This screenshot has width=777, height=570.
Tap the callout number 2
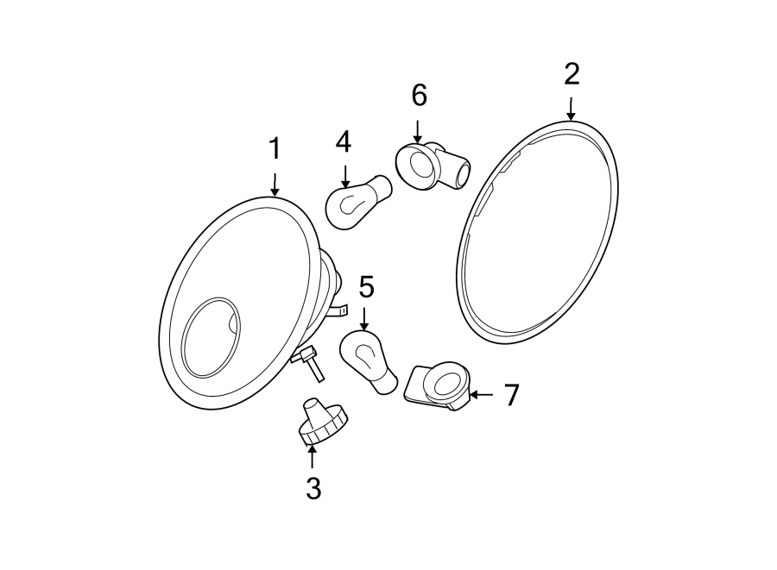pos(572,75)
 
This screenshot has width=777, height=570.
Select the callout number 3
pos(313,489)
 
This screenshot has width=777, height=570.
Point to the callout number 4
pos(344,141)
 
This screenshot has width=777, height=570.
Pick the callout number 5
pos(366,285)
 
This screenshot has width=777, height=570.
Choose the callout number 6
pos(419,96)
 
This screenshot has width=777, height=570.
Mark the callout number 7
pos(512,395)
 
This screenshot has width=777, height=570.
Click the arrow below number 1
pos(275,183)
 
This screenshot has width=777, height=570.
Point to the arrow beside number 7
pos(482,395)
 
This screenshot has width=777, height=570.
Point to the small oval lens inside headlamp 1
pos(213,337)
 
